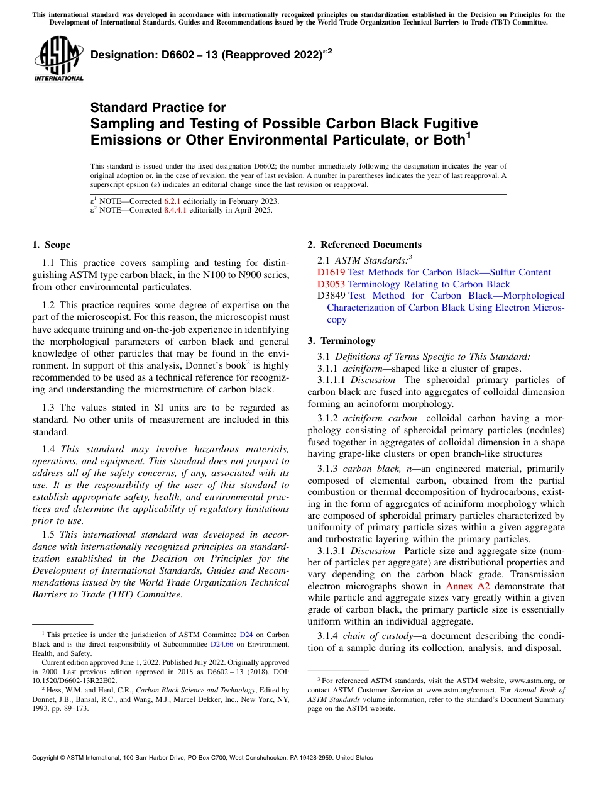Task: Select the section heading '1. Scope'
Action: click(51, 245)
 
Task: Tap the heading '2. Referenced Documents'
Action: click(364, 245)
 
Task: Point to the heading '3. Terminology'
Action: click(341, 341)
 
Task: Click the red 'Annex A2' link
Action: click(467, 586)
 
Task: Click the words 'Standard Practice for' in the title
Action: click(158, 108)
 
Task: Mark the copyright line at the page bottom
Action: click(202, 758)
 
